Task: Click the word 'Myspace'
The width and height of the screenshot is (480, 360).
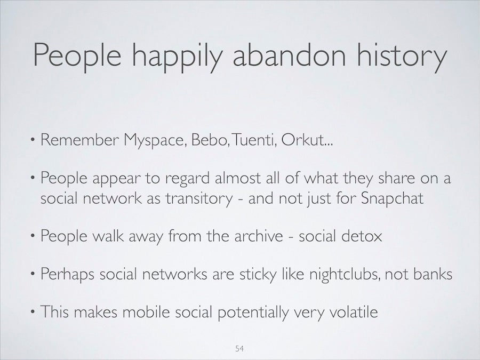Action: [x=155, y=141]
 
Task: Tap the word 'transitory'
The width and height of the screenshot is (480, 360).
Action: [x=199, y=199]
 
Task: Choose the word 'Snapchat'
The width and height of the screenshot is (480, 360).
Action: [x=392, y=199]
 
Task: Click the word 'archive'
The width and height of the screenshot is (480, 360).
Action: [x=259, y=236]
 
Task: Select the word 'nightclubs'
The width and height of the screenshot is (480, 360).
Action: [x=345, y=274]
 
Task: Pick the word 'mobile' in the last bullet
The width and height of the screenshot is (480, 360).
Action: [x=146, y=311]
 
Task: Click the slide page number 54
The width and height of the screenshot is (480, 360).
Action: [x=239, y=348]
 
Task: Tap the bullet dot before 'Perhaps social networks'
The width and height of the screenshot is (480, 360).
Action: [x=33, y=274]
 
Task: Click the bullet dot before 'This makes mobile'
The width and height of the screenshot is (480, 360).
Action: [x=33, y=311]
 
